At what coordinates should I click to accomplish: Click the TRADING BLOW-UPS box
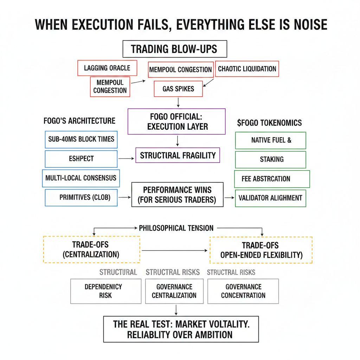(x=174, y=49)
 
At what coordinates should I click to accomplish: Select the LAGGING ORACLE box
(x=107, y=68)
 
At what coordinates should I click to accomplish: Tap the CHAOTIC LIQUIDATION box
(x=247, y=69)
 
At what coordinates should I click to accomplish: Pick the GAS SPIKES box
(x=178, y=89)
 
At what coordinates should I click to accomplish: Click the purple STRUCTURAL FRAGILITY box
(x=178, y=155)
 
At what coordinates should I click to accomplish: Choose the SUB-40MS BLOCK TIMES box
(x=81, y=139)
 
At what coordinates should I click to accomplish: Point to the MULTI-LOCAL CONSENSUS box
(x=81, y=178)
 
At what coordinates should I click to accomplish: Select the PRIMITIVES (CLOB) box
(x=81, y=197)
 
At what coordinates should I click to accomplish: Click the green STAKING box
(x=271, y=159)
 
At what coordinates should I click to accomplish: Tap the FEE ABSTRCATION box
(x=271, y=179)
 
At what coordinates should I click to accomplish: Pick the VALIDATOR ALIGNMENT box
(x=270, y=198)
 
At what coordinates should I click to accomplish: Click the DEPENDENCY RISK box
(x=105, y=291)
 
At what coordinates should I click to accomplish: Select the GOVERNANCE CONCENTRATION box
(x=243, y=291)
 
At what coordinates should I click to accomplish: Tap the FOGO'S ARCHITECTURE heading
(x=79, y=121)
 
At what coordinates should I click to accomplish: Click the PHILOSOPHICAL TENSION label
(x=176, y=228)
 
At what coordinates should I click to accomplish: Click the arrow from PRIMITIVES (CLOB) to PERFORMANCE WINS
(x=124, y=198)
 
